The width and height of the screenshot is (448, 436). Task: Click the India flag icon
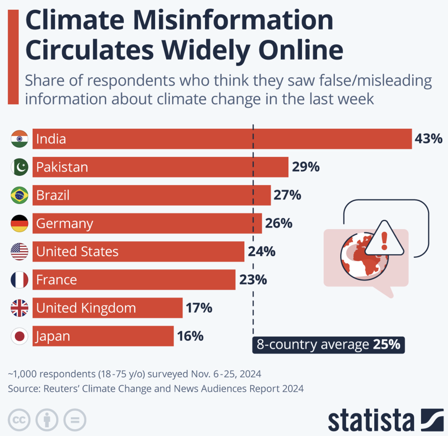[20, 139]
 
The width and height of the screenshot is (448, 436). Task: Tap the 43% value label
[428, 138]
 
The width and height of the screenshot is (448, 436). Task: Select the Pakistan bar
[160, 167]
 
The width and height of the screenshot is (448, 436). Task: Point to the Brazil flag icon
[20, 195]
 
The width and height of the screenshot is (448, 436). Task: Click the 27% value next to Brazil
[287, 195]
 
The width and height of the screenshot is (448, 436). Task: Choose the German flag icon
[20, 224]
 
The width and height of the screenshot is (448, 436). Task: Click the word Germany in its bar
[65, 224]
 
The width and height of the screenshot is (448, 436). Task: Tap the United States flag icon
[20, 251]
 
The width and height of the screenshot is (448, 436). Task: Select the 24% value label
[262, 251]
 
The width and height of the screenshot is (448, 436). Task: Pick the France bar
[134, 280]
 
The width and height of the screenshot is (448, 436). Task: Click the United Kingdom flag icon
[20, 308]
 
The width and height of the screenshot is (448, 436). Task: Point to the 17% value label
[199, 308]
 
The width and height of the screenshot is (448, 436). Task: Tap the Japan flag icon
[20, 336]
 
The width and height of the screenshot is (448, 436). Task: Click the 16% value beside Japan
[190, 336]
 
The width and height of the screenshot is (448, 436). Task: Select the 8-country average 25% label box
[328, 345]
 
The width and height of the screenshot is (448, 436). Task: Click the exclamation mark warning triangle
[384, 239]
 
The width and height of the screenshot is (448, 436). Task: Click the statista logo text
[371, 420]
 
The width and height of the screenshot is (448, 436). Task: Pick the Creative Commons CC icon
[19, 420]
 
